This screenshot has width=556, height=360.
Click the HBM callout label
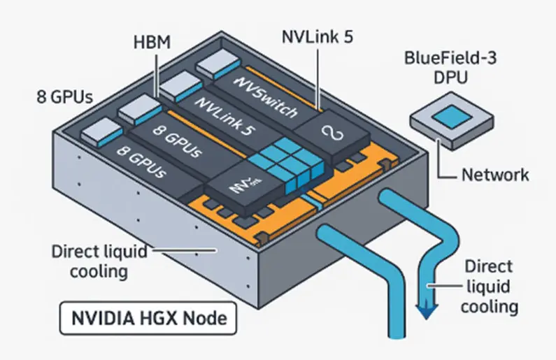[x=152, y=43]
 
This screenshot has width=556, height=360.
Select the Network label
[x=494, y=174]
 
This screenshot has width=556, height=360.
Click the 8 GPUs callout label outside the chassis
[x=64, y=96]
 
